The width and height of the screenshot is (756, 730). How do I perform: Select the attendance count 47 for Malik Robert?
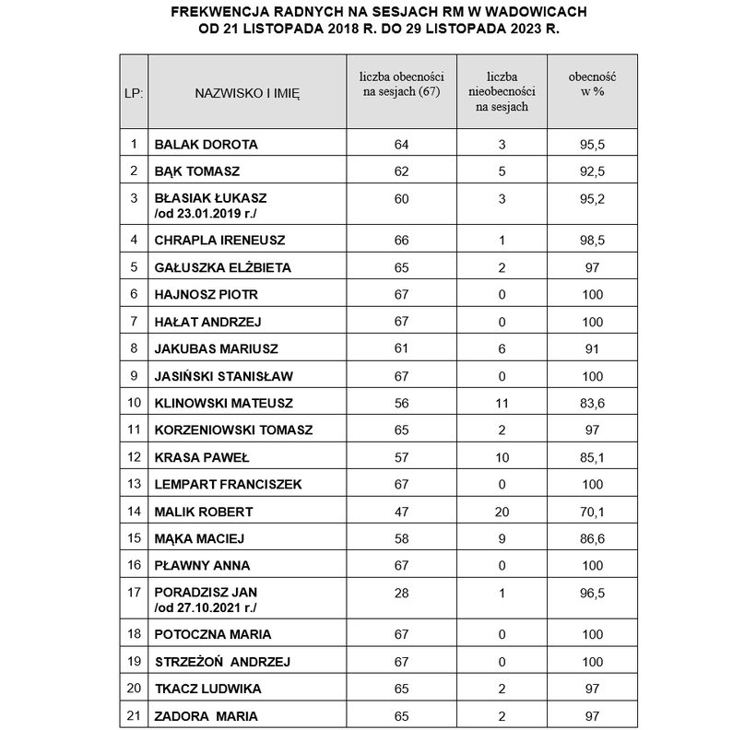(400, 512)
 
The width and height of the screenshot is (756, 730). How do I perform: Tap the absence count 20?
(502, 512)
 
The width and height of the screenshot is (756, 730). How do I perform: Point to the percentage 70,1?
(593, 512)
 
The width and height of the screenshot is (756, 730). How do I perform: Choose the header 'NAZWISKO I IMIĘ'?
(247, 92)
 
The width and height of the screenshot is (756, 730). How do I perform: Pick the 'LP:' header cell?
(134, 92)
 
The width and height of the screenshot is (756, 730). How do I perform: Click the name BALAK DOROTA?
(206, 145)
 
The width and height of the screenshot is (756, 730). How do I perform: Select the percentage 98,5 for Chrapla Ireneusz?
(593, 241)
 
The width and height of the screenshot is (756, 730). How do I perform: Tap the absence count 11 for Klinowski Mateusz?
(502, 403)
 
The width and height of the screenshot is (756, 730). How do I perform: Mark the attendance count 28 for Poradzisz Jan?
(400, 594)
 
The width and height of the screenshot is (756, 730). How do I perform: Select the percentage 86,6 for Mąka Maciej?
(593, 538)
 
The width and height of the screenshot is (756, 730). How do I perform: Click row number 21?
(134, 715)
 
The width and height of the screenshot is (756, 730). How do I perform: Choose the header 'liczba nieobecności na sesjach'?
(502, 92)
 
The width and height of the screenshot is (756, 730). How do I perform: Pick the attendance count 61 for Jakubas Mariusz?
(400, 349)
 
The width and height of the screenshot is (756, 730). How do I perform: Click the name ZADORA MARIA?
(206, 715)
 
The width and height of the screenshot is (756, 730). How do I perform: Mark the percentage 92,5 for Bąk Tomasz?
(593, 171)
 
